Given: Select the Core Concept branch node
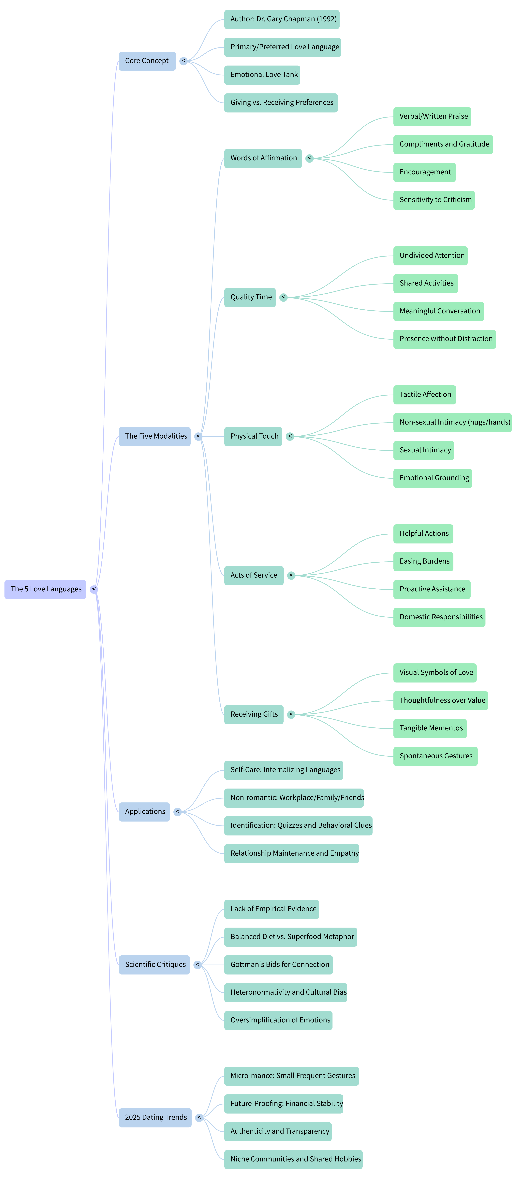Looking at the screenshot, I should click(147, 61).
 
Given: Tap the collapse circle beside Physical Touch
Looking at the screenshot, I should click(290, 437).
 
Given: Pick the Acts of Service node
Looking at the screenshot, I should click(254, 575).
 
